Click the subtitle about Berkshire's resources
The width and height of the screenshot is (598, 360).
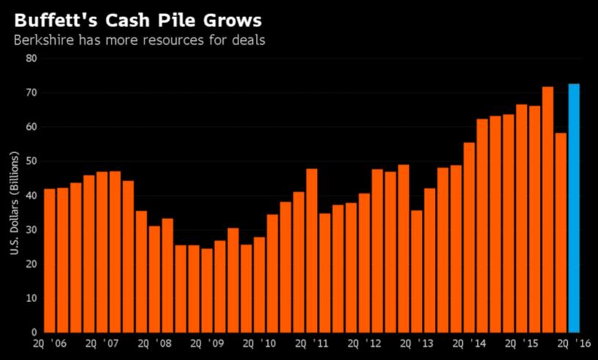[139, 39]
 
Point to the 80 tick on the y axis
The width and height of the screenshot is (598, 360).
[32, 59]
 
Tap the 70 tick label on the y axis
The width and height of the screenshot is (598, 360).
[32, 93]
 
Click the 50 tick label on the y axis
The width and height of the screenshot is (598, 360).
[32, 161]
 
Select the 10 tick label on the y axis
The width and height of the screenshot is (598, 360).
[32, 298]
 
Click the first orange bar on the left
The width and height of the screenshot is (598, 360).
[50, 260]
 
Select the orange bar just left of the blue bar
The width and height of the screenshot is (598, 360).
[561, 232]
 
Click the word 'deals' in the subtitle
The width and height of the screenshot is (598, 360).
[248, 39]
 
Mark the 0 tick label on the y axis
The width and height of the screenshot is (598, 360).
[34, 332]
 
